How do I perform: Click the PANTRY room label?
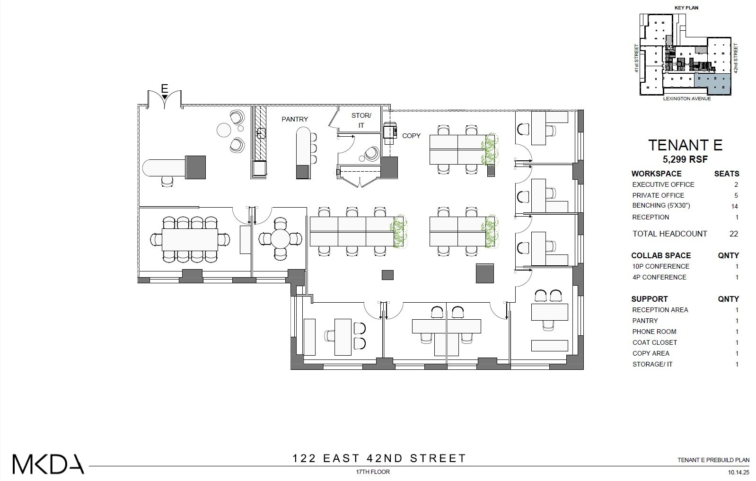pos(295,119)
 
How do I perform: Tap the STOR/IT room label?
pos(361,121)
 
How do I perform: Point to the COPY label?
pos(411,136)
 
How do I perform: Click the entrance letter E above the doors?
pos(164,88)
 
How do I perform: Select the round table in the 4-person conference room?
pos(280,239)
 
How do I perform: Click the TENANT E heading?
pos(685,145)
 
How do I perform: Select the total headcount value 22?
pos(733,234)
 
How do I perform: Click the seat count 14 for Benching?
pos(734,206)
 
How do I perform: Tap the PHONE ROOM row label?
pos(654,332)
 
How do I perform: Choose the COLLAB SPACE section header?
pos(661,255)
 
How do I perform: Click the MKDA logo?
pos(48,464)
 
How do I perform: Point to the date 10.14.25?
pos(736,472)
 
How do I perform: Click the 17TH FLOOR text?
pos(373,472)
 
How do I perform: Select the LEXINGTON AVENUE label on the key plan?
pos(686,99)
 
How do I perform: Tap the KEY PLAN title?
pos(686,8)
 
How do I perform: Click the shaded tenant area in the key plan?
pos(712,82)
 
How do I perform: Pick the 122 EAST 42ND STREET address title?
pos(379,458)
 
